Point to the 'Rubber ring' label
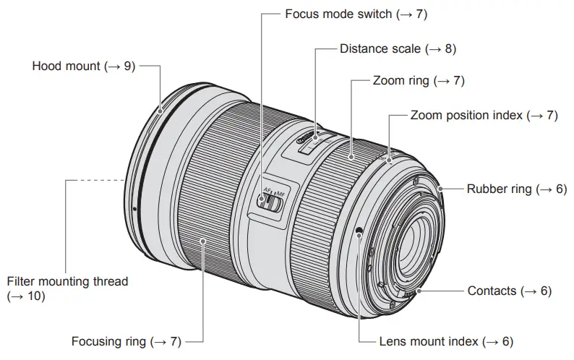(x=501, y=189)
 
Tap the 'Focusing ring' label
(x=118, y=340)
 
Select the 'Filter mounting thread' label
(x=67, y=281)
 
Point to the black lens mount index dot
(x=359, y=231)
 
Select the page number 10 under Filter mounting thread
(x=33, y=296)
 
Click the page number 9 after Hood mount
(x=129, y=66)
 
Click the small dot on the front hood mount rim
(x=134, y=210)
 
